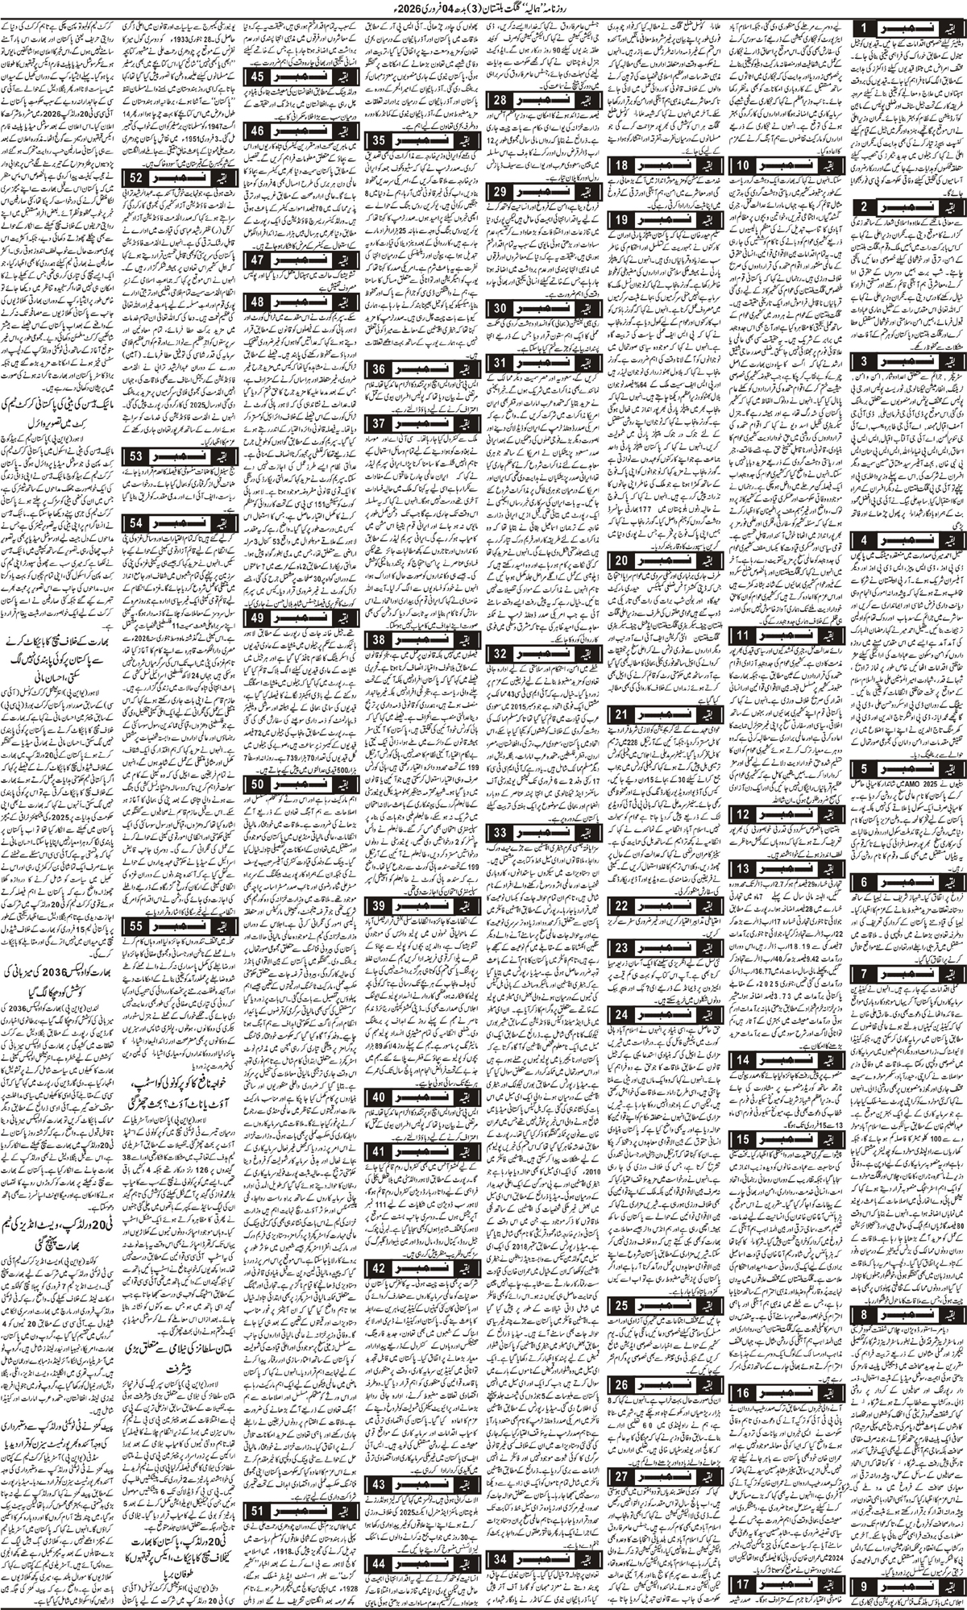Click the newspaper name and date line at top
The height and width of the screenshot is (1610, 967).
pos(483,10)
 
